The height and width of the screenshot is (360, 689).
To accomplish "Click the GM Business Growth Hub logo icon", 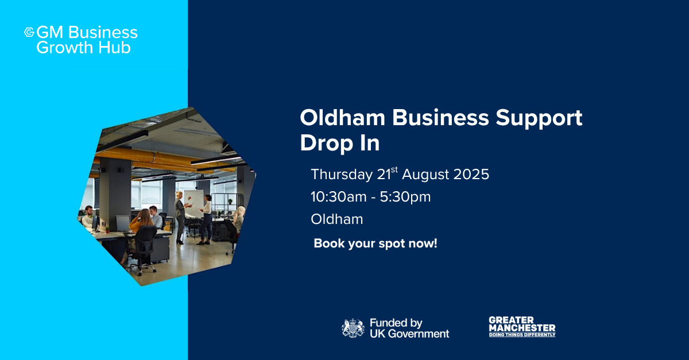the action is point(29,32).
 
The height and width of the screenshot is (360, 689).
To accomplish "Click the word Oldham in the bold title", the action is point(343,118).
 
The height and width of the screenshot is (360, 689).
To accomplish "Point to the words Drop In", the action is point(340,143).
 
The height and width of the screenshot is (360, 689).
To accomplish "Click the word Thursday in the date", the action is point(342,174).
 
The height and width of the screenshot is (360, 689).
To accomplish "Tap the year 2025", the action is point(471,175).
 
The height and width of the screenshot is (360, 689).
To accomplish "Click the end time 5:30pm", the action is point(405,198).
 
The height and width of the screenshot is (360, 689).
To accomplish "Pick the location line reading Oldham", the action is point(337,219).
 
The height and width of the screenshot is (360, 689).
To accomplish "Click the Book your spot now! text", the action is point(376,243).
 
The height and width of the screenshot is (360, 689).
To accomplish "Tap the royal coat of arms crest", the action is point(353,328).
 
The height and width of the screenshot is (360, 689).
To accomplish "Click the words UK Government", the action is point(409,334).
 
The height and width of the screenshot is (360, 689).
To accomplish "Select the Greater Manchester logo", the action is point(522,327).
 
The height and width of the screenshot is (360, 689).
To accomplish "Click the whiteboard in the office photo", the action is point(194,204).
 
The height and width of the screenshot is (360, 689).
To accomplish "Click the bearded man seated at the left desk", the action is point(88,217).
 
